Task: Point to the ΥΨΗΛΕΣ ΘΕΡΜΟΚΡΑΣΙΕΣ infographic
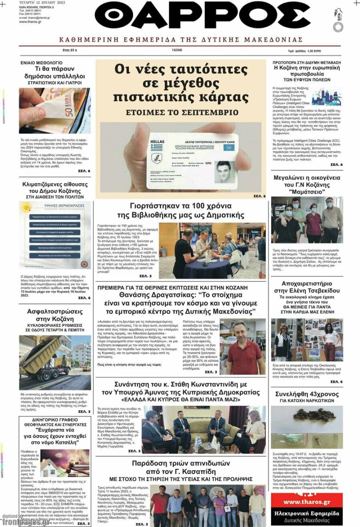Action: [55, 235]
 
